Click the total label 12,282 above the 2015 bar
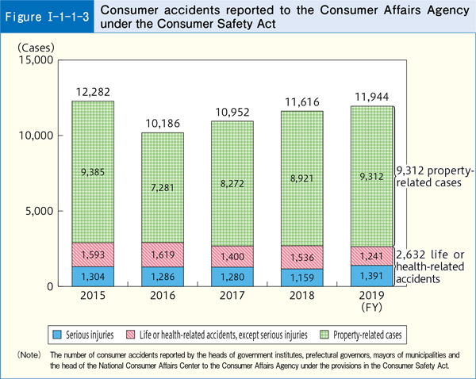[92, 91]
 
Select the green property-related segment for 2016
[163, 187]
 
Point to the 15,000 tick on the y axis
[35, 60]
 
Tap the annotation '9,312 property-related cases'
[432, 178]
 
